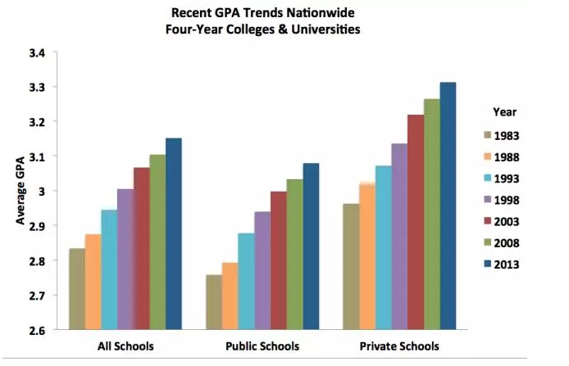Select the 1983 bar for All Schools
(x=77, y=288)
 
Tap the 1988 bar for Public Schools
(x=230, y=296)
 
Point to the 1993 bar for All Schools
(x=109, y=269)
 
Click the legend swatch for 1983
(x=485, y=136)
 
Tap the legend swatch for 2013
(x=485, y=264)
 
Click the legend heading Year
(x=504, y=111)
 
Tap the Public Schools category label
(x=262, y=346)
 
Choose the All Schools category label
(x=125, y=346)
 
